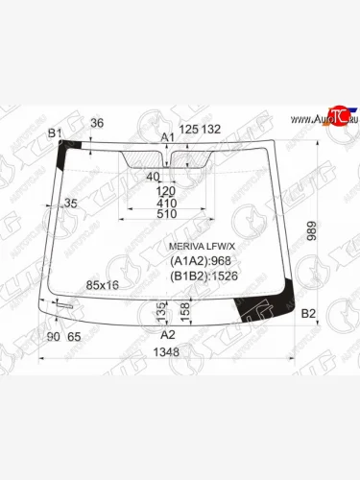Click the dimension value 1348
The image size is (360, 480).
coord(167,352)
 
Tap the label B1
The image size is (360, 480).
coord(55,132)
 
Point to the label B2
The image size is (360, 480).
coord(308,314)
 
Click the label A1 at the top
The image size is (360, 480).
coord(167,137)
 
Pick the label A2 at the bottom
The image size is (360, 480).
coord(167,334)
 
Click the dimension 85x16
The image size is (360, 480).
coord(103,285)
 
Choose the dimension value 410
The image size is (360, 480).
coord(167,204)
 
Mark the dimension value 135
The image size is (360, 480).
coord(159,310)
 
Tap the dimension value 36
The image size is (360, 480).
coord(97,123)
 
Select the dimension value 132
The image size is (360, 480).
coord(211,130)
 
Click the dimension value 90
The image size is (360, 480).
coord(53,336)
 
